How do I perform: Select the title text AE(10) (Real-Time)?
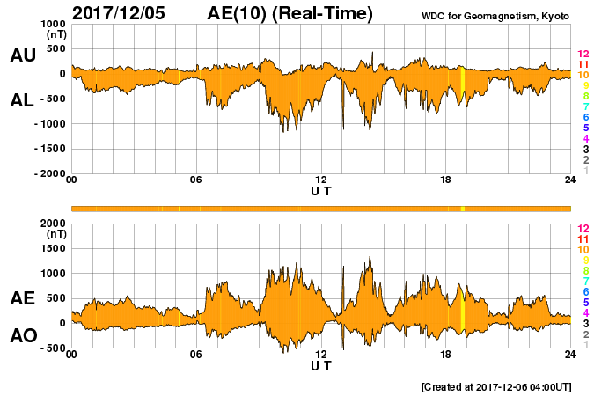[290, 13]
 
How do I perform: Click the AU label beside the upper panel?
[23, 55]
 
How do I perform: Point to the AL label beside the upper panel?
[23, 100]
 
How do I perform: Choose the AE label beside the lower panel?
[23, 299]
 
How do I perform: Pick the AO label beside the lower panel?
[23, 336]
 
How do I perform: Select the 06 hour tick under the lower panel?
[196, 355]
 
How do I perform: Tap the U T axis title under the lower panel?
[321, 365]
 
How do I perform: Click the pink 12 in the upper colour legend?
[583, 54]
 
